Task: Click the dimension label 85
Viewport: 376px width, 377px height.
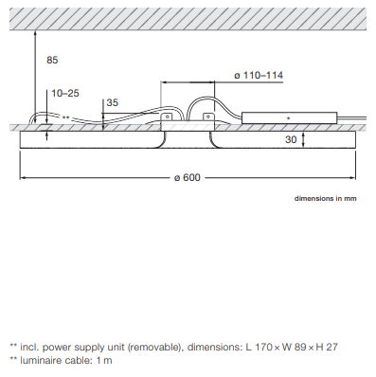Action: coord(52,60)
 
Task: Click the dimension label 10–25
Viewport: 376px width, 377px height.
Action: coord(65,93)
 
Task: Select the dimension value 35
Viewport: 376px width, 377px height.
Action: coord(113,102)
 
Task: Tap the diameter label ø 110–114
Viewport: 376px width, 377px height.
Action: coord(259,76)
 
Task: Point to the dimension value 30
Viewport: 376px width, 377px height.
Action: coord(291,139)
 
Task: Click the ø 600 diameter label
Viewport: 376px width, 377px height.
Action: coord(188,177)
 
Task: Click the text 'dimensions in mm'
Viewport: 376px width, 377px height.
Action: coord(326,198)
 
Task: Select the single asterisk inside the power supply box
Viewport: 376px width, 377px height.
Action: coord(289,118)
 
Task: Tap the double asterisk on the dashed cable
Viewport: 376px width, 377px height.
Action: coord(65,117)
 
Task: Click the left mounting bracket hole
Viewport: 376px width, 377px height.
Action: coord(167,117)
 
